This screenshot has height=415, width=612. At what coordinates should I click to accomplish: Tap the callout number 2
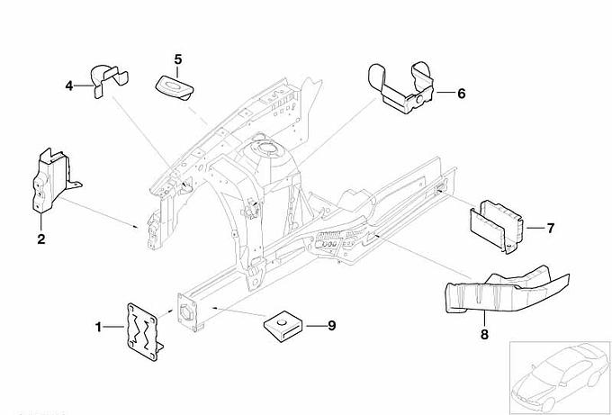point(40,239)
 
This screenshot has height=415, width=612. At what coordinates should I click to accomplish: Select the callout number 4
point(68,86)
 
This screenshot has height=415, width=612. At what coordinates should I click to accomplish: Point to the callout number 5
point(178,59)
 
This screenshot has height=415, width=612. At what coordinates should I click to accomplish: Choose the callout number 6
point(462,93)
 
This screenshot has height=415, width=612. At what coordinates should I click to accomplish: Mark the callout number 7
point(550,228)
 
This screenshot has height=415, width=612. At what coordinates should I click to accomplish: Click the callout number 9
point(330,325)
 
